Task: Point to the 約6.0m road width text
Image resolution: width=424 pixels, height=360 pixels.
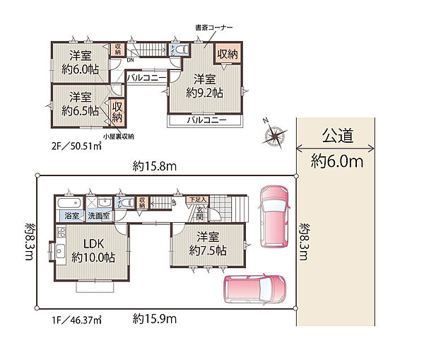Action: coord(337,162)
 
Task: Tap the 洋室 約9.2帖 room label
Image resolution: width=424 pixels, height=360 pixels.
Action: coord(204,86)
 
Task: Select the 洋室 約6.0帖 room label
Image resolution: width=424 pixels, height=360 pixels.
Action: coord(80,62)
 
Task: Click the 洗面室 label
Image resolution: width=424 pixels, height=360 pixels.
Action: coord(98,216)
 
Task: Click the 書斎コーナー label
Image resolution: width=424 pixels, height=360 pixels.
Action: coord(214,27)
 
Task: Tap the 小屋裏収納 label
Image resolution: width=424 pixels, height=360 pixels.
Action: coord(118,135)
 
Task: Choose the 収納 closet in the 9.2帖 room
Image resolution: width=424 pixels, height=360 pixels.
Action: coord(227,54)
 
